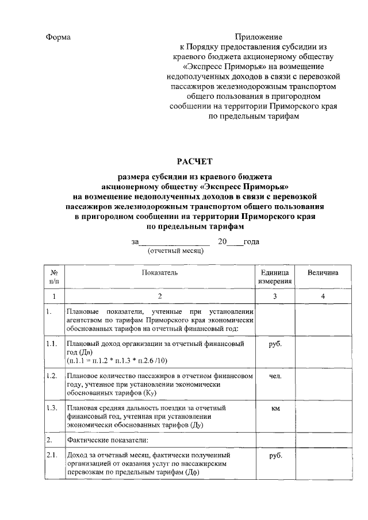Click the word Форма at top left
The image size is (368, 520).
click(x=58, y=37)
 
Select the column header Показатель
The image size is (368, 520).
click(x=160, y=271)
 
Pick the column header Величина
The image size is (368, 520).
click(x=323, y=271)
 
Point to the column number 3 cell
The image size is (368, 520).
click(x=275, y=296)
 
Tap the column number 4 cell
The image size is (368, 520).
click(x=323, y=296)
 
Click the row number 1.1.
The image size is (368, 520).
click(x=52, y=344)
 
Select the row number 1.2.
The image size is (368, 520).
click(x=52, y=376)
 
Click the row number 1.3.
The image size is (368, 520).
click(x=52, y=408)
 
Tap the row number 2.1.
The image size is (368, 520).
click(x=52, y=456)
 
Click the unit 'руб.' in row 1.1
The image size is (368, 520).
click(x=275, y=344)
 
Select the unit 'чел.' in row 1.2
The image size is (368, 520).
click(x=275, y=376)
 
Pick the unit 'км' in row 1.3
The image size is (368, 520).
click(x=275, y=408)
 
